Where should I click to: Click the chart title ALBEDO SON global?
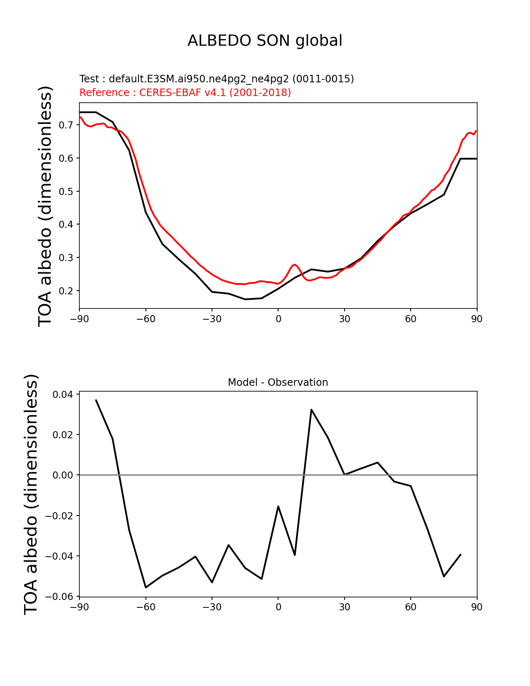pyautogui.click(x=265, y=41)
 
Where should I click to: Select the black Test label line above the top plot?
pyautogui.click(x=217, y=79)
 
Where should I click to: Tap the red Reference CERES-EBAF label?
pyautogui.click(x=185, y=93)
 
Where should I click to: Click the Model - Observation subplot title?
pyautogui.click(x=278, y=382)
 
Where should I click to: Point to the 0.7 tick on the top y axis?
pyautogui.click(x=66, y=125)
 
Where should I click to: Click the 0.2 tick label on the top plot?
pyautogui.click(x=66, y=291)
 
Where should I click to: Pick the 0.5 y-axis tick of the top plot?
pyautogui.click(x=66, y=191)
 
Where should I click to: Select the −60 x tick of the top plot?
pyautogui.click(x=145, y=319)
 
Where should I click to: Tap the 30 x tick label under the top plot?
pyautogui.click(x=344, y=319)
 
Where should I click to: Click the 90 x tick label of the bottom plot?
pyautogui.click(x=477, y=607)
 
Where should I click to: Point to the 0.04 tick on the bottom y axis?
pyautogui.click(x=63, y=394)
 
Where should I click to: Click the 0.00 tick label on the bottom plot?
pyautogui.click(x=63, y=475)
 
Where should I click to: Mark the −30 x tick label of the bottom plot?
pyautogui.click(x=212, y=607)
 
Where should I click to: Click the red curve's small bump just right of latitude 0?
pyautogui.click(x=294, y=264)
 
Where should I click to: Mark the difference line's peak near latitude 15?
pyautogui.click(x=311, y=410)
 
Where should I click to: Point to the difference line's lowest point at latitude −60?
pyautogui.click(x=146, y=587)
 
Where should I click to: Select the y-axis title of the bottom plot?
pyautogui.click(x=31, y=494)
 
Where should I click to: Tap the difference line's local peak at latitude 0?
pyautogui.click(x=278, y=506)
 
